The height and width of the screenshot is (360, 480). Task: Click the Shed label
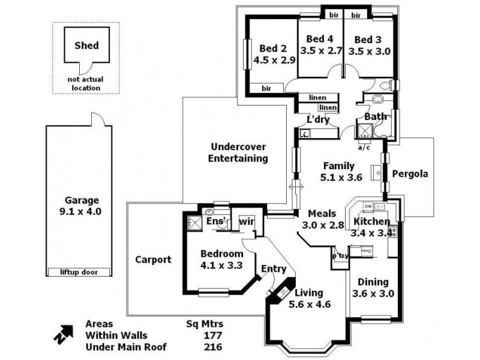coord(86,45)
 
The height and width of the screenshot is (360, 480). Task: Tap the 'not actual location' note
coord(86,83)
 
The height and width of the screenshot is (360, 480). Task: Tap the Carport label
coord(153,260)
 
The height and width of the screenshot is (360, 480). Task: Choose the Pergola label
coord(410,174)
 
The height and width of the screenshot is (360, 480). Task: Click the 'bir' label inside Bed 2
coord(266,88)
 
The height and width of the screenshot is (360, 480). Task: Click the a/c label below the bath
coord(364,147)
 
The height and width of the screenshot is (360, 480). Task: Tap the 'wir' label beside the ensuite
coord(247,222)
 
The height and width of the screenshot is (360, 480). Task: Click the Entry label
coord(274,269)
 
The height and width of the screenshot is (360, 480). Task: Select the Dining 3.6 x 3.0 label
coord(373,287)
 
